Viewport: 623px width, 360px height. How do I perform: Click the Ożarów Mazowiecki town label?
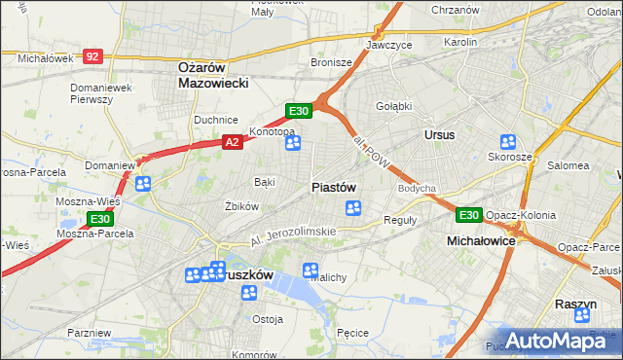(x=213, y=75)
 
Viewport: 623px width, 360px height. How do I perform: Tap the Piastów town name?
(x=333, y=187)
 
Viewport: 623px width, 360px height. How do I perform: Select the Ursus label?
(x=439, y=134)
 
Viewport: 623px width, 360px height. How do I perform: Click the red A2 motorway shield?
(x=232, y=142)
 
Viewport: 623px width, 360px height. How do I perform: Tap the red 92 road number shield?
(x=92, y=57)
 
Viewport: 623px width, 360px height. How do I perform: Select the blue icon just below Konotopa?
(x=293, y=144)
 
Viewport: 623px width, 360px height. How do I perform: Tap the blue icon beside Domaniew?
(x=143, y=183)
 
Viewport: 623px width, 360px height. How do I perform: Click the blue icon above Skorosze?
(x=507, y=142)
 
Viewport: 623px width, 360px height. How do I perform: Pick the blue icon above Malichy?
(x=311, y=270)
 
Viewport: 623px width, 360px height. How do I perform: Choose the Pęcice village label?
(x=351, y=333)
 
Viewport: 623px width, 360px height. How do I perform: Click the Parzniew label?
(x=90, y=333)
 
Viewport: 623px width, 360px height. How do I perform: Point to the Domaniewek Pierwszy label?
(x=100, y=94)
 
